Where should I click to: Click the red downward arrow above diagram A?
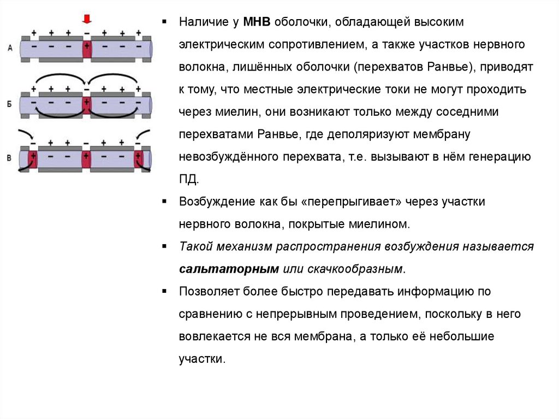(86, 20)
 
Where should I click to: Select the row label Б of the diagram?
(10, 103)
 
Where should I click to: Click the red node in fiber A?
(86, 48)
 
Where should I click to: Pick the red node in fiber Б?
(86, 104)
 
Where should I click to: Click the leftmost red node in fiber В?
(32, 159)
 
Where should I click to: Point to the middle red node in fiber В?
(86, 159)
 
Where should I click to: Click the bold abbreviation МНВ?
(257, 23)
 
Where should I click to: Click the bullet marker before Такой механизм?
(164, 246)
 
